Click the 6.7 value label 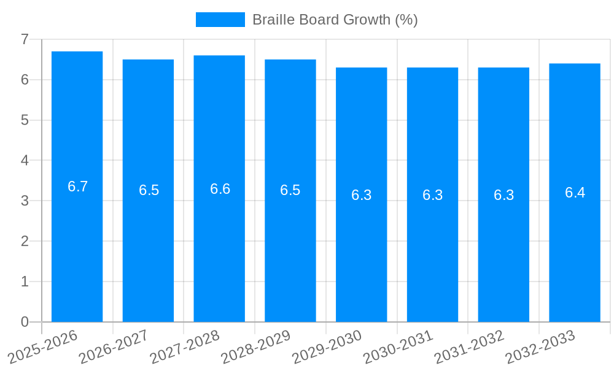click(78, 186)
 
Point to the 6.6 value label click(220, 189)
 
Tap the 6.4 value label click(575, 193)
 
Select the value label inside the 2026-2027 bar click(149, 190)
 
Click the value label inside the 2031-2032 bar click(503, 195)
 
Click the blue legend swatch click(220, 20)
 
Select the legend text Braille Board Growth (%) click(335, 20)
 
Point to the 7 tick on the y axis click(25, 39)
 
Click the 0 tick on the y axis click(25, 322)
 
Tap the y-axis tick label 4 click(25, 160)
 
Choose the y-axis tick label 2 click(25, 241)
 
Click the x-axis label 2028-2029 click(255, 347)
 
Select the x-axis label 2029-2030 click(327, 347)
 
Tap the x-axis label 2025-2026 click(43, 347)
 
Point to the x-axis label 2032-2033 click(540, 347)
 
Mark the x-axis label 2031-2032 click(469, 347)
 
